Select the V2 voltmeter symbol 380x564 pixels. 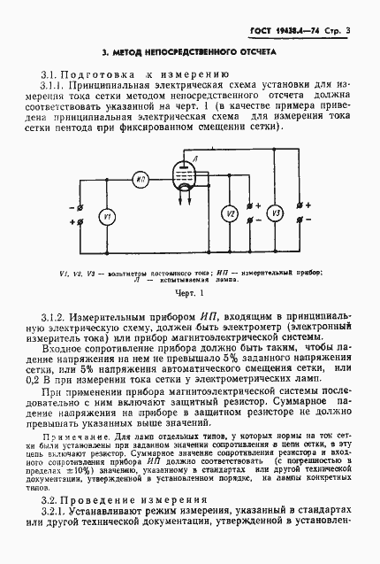pos(228,214)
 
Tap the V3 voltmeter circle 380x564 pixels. pos(275,213)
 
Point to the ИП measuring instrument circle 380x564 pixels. pos(141,179)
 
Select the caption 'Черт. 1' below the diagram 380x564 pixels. pos(189,292)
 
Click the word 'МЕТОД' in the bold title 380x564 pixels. pos(131,52)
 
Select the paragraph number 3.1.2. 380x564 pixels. pos(56,316)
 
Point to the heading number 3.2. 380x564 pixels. pos(49,526)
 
